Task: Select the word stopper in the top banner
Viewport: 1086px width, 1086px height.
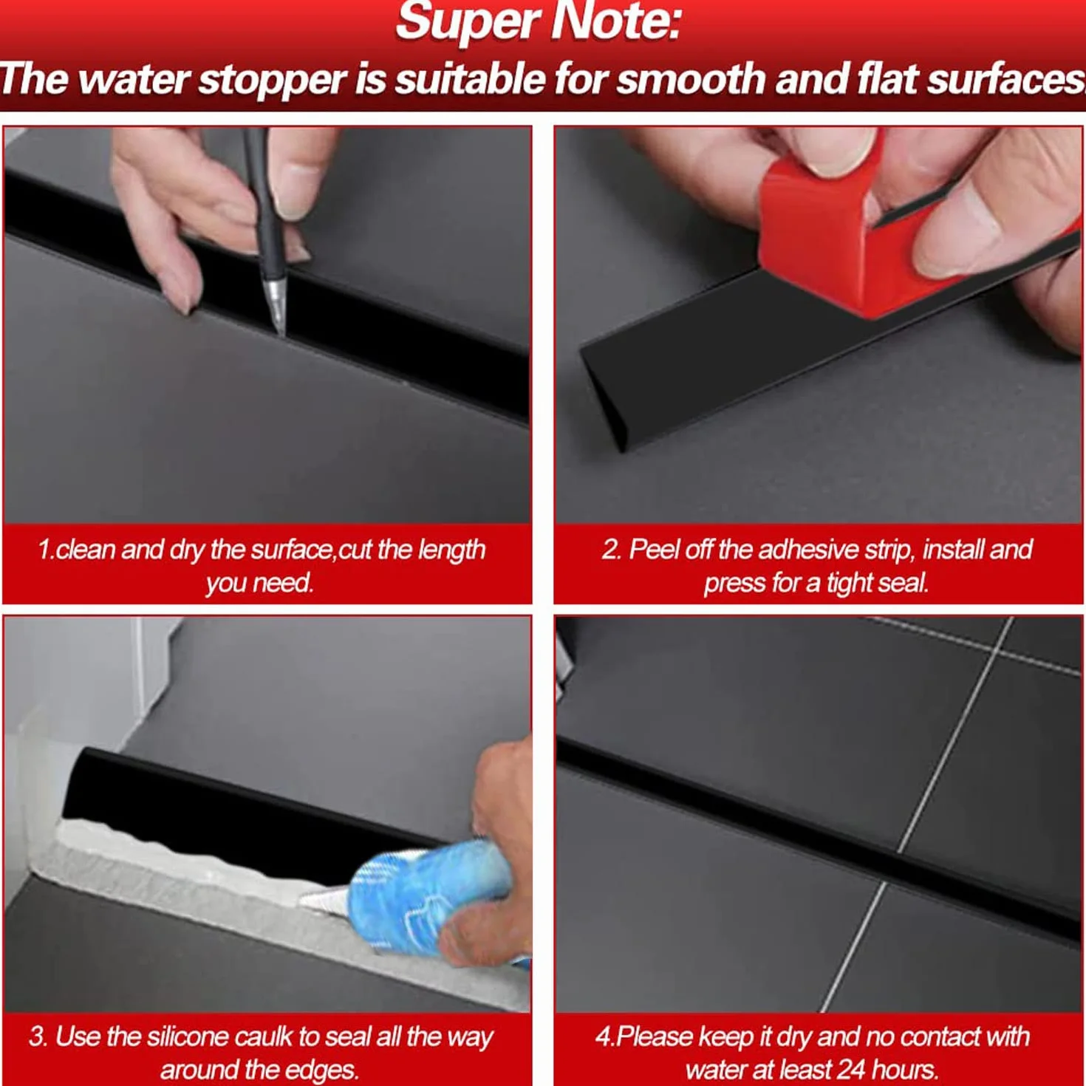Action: click(272, 81)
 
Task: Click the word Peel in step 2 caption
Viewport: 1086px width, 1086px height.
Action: click(650, 550)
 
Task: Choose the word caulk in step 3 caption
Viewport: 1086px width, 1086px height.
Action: click(264, 1037)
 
